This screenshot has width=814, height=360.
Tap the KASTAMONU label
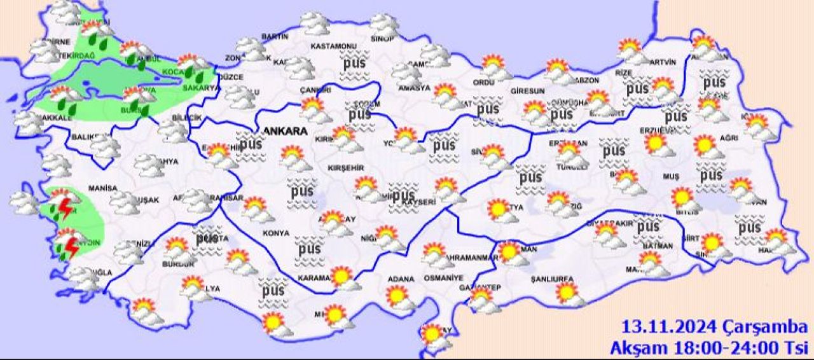tap(333, 47)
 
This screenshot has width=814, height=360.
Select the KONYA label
tap(275, 233)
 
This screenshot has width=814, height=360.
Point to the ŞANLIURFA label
tap(553, 279)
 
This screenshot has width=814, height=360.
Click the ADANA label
tap(402, 279)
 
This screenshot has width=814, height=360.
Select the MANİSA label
tap(104, 188)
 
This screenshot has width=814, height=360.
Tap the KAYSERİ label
tap(420, 202)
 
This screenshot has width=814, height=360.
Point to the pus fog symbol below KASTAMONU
tap(356, 64)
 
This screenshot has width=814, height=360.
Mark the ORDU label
tap(483, 82)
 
